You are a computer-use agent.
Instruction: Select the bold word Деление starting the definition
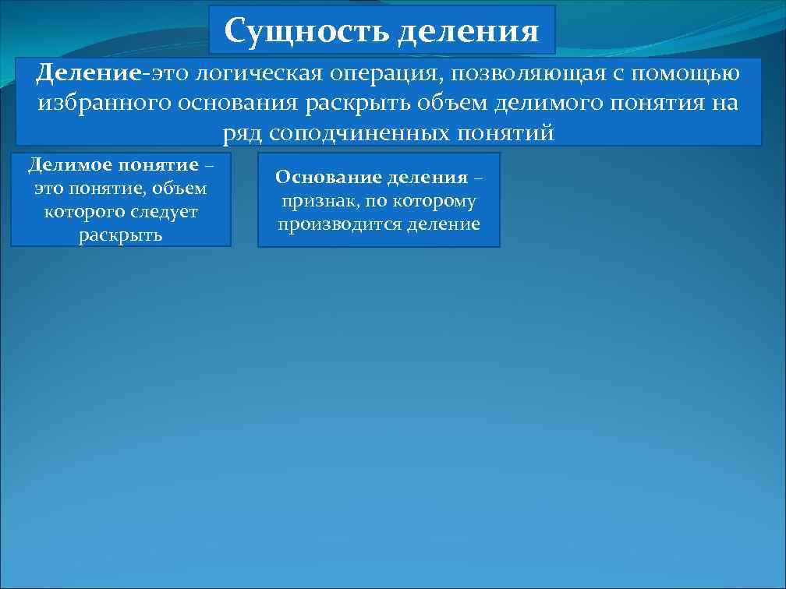click(x=88, y=74)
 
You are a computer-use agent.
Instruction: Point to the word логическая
click(x=259, y=74)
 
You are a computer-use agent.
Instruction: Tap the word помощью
click(x=688, y=74)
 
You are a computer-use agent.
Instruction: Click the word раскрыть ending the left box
click(x=121, y=235)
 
